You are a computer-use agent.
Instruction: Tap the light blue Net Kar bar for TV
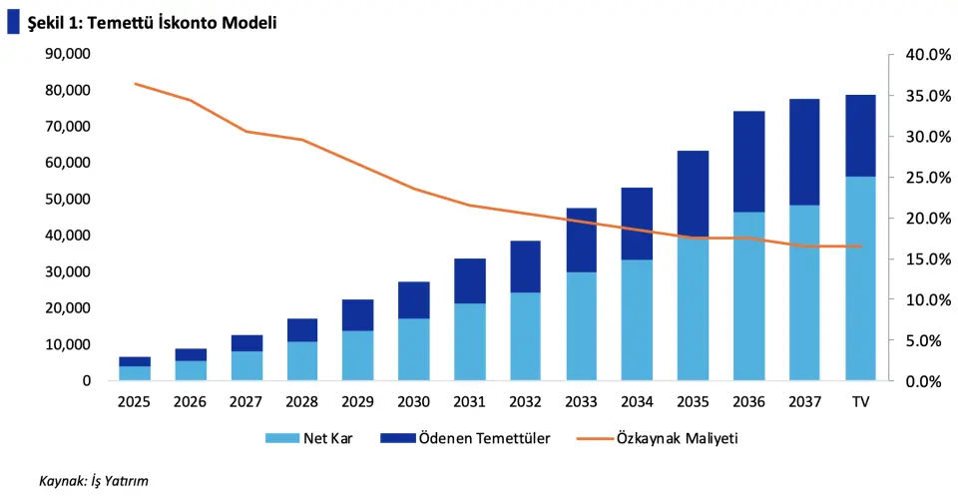pyautogui.click(x=860, y=278)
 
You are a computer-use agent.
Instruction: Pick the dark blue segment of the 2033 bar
pyautogui.click(x=581, y=241)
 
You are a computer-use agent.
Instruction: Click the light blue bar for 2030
pyautogui.click(x=414, y=349)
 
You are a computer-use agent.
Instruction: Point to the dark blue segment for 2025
pyautogui.click(x=136, y=361)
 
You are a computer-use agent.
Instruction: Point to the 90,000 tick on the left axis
pyautogui.click(x=69, y=54)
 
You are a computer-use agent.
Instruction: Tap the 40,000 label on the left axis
pyautogui.click(x=69, y=236)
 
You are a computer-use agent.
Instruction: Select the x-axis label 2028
pyautogui.click(x=302, y=401)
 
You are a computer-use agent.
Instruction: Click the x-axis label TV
pyautogui.click(x=860, y=401)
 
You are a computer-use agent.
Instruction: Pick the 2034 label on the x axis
pyautogui.click(x=637, y=401)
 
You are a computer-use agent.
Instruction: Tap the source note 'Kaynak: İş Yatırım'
pyautogui.click(x=93, y=481)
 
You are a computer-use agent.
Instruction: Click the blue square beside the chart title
pyautogui.click(x=13, y=21)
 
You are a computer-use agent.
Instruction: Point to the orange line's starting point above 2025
pyautogui.click(x=136, y=84)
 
